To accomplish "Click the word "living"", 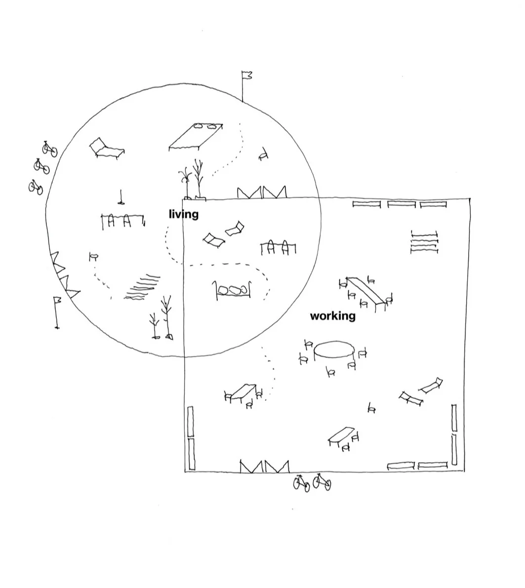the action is [184, 214].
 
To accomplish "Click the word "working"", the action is [333, 316].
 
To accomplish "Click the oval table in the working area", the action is [334, 350].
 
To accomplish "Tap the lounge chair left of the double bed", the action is [107, 149].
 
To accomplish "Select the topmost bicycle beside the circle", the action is [49, 149].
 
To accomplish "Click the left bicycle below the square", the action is [301, 483].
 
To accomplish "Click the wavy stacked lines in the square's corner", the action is [424, 242].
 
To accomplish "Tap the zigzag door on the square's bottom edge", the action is [265, 466].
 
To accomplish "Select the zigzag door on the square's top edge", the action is [262, 193].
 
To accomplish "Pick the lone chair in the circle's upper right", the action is [264, 154].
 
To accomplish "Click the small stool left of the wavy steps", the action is [93, 257].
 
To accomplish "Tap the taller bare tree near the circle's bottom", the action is [167, 318].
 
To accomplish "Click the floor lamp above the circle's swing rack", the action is [121, 197].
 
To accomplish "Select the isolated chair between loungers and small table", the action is [371, 408].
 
